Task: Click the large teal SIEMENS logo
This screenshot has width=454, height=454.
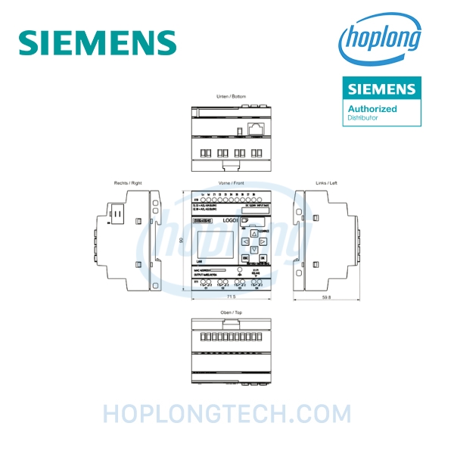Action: click(97, 42)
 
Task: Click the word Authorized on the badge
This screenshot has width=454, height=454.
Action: click(372, 109)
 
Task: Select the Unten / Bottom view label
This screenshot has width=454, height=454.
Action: click(231, 97)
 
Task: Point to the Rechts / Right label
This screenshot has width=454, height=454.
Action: click(128, 183)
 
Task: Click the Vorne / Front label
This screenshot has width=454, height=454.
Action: click(231, 183)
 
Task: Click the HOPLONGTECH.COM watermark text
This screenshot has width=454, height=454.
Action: click(227, 414)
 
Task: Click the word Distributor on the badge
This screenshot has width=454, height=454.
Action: click(362, 118)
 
